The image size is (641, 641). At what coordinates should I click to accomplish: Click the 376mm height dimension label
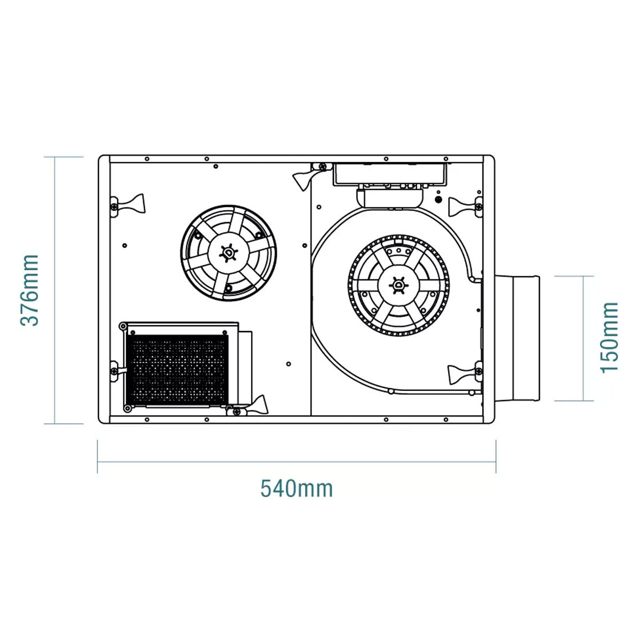pos(29,290)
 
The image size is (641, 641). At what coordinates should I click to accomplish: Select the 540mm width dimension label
pos(296,488)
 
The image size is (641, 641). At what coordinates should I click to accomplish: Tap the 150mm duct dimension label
pos(609,338)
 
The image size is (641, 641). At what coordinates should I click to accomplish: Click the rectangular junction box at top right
pos(389,175)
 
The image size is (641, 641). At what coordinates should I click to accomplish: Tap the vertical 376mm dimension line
pos(56,290)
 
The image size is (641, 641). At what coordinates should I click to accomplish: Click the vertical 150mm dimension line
pos(582,338)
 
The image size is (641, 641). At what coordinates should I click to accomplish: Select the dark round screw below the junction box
pos(439,200)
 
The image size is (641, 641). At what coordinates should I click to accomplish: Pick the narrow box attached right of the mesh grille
pos(245,366)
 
